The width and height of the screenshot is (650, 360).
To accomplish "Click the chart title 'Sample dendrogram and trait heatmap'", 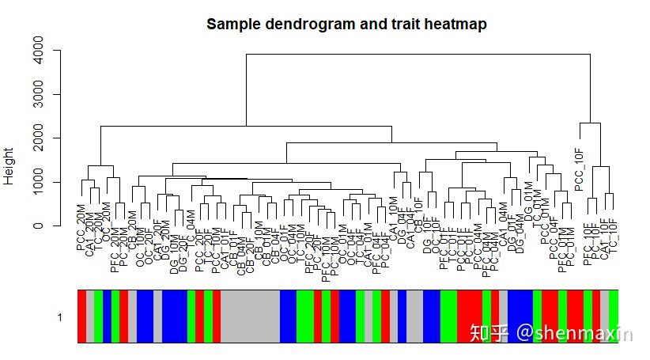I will coord(346,25).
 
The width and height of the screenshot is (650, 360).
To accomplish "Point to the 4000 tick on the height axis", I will coord(36,51).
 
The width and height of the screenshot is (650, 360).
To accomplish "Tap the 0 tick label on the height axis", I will coord(36,225).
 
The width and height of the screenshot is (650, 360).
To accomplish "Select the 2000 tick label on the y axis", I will coord(36,138).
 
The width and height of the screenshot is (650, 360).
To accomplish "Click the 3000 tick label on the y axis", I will coord(36,95).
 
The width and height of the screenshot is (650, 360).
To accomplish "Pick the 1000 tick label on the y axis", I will coord(36,182).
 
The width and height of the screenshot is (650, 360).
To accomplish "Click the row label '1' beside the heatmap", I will coord(59,317).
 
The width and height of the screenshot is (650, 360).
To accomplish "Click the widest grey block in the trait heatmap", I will coord(250,316).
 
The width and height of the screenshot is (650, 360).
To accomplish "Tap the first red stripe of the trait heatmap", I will coord(81,316).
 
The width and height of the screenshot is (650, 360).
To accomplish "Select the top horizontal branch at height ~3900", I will coord(418,54).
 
